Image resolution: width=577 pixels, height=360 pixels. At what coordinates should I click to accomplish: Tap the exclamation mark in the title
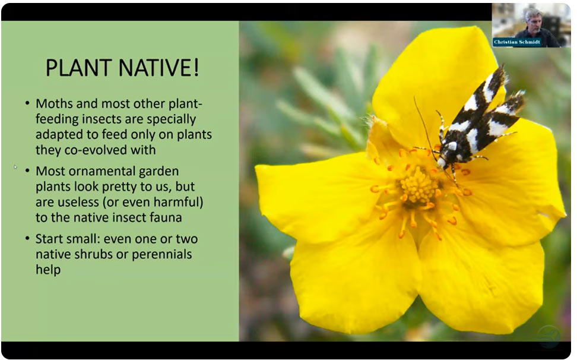[196, 67]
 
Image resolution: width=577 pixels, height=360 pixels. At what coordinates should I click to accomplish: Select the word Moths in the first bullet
[54, 103]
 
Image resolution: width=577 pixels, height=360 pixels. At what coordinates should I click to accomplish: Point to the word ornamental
[97, 171]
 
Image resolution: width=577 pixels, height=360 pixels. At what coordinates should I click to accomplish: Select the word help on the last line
[48, 270]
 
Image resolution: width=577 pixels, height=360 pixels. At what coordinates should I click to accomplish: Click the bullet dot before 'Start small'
[27, 239]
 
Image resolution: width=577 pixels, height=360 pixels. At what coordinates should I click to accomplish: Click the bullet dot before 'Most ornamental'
[27, 171]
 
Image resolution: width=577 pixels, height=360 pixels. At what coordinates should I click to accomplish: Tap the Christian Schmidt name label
[517, 42]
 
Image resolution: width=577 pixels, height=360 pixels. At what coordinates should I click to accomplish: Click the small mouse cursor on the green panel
[15, 167]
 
